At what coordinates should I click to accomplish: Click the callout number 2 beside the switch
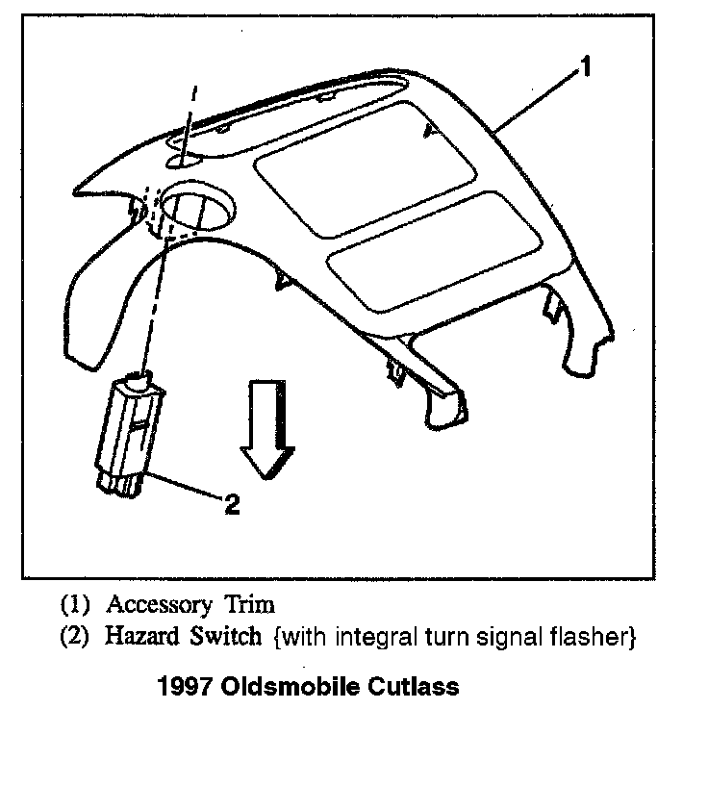[232, 503]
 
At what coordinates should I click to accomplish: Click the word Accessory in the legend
[159, 605]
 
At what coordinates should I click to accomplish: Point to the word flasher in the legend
[599, 636]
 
